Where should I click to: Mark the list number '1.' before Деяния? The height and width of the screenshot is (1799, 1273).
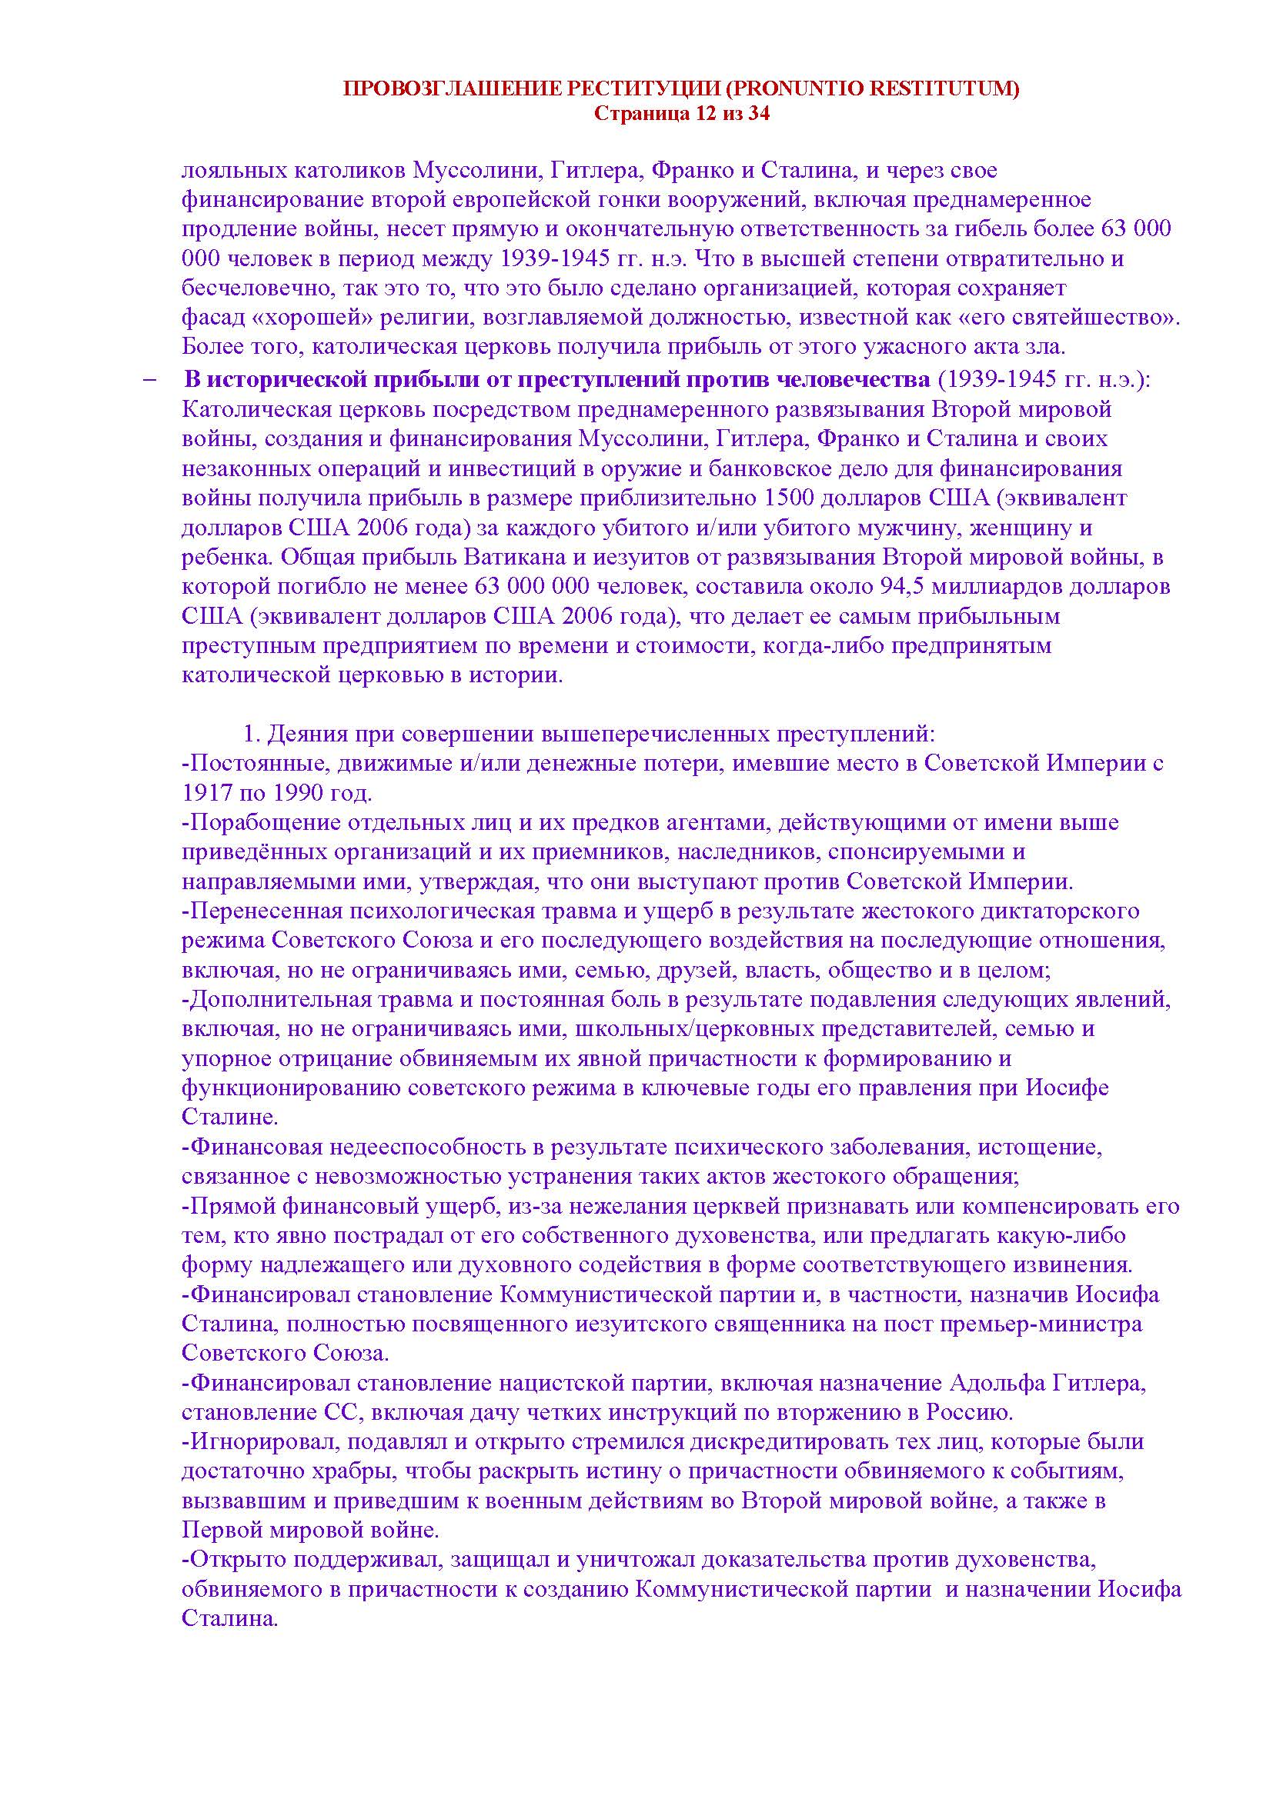251,735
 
